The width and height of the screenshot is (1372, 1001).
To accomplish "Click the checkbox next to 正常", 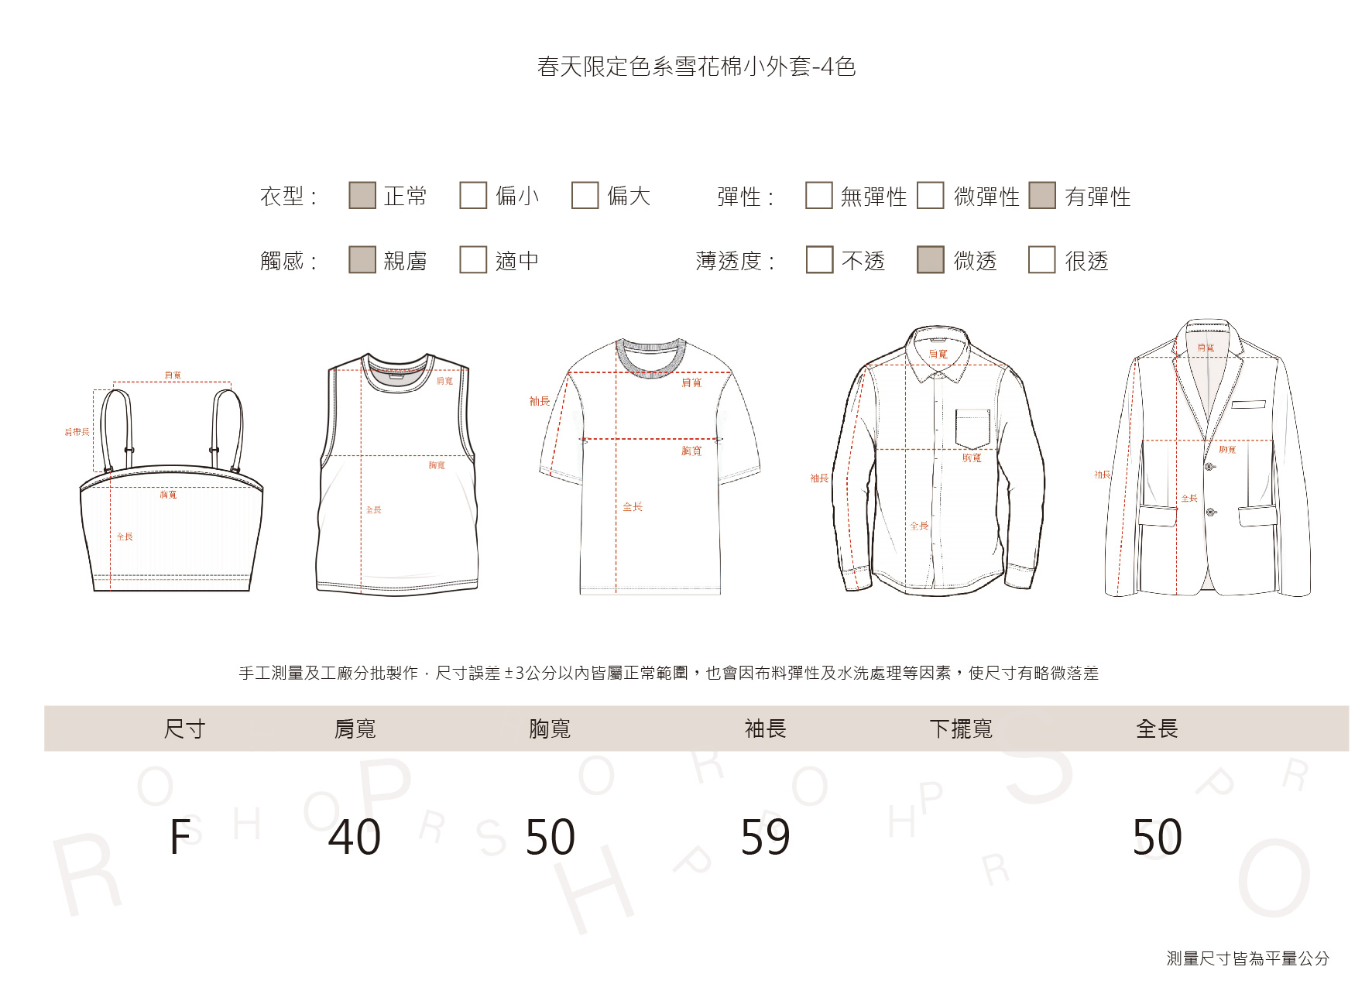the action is point(362,195).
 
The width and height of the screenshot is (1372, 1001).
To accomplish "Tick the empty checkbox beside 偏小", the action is point(473,195).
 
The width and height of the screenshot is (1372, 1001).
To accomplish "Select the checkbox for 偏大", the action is point(585,195).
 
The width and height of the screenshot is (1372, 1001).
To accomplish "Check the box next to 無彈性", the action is point(818,195).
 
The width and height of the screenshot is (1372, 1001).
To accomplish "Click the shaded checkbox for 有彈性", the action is point(1042,195).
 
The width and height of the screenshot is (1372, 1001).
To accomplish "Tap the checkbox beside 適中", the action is point(473,260).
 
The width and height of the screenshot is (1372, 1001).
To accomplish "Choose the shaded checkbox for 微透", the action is point(930,260).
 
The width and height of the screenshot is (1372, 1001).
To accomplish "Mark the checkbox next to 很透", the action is point(1041,260).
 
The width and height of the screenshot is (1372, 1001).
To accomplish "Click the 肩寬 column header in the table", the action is point(355,728).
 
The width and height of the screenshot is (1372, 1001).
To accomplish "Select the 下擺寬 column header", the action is point(961,728).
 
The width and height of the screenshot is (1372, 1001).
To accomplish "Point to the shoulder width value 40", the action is point(355,837).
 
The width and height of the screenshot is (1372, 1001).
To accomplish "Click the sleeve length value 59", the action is point(765,837).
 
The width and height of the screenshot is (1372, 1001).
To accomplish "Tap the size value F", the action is point(180,837).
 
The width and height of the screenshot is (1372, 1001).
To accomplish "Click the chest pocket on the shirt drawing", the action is point(972,428).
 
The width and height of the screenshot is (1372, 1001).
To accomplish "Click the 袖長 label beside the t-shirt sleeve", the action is point(540,401).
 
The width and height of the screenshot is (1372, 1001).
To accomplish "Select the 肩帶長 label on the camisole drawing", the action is point(77,432).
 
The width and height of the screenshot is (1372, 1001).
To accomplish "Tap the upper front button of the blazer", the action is point(1209,467).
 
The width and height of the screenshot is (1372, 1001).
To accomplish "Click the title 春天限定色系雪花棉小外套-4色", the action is point(696,67).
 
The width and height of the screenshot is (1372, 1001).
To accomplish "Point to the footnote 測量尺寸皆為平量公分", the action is point(1247,958).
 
